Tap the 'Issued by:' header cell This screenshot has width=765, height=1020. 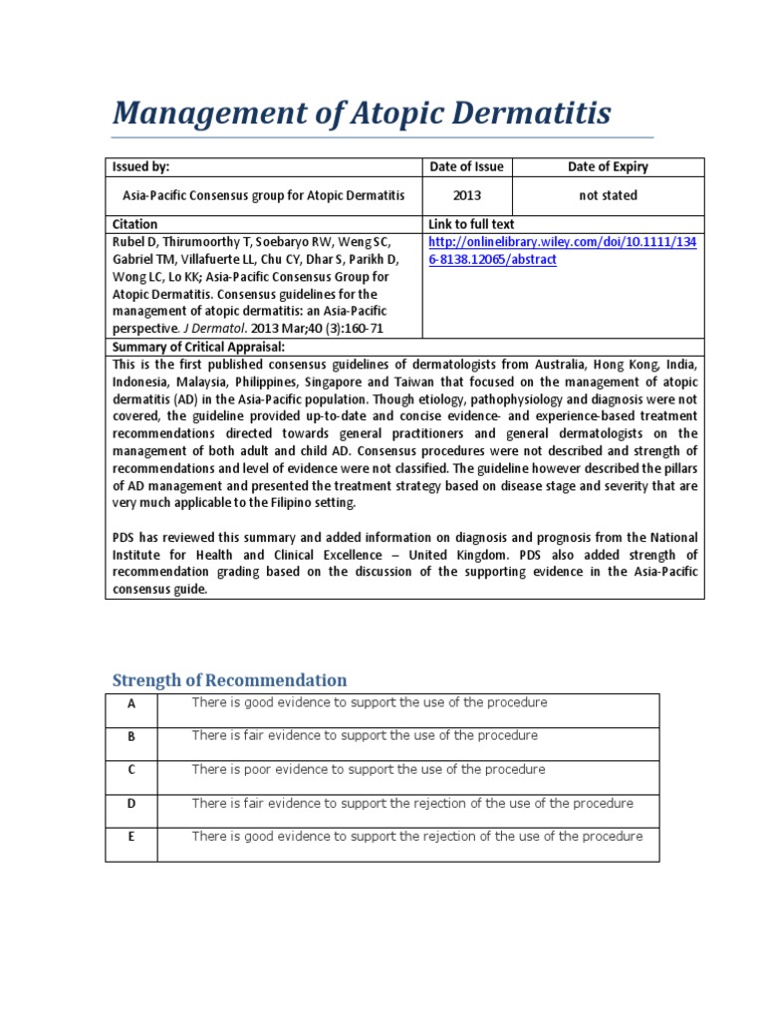(141, 166)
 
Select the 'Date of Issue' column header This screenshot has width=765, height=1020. (466, 166)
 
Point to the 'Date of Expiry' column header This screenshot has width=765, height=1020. (608, 166)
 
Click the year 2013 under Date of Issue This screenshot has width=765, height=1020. (466, 195)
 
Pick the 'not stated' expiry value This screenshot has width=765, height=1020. (608, 195)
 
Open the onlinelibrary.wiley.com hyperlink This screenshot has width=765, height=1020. (563, 250)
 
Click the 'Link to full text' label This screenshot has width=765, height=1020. (471, 224)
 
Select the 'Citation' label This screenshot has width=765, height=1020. (134, 224)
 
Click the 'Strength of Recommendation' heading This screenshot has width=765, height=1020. (229, 680)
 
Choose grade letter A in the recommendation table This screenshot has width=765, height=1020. (130, 704)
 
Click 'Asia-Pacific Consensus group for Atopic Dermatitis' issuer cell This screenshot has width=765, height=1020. (264, 195)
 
